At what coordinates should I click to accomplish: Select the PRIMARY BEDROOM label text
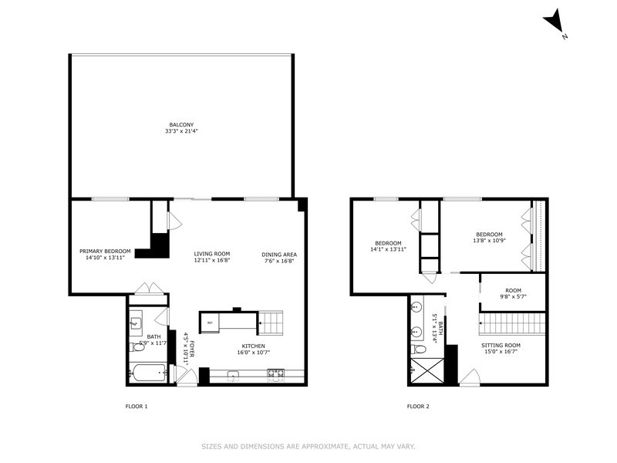(106, 251)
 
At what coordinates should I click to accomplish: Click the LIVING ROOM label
(212, 254)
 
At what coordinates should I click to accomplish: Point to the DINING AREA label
(279, 254)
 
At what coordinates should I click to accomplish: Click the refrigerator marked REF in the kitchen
(210, 322)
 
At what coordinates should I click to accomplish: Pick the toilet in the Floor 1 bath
(140, 348)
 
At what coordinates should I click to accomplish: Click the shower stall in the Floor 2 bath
(426, 374)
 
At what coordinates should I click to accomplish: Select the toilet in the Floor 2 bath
(420, 350)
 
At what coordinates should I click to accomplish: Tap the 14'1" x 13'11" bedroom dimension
(388, 249)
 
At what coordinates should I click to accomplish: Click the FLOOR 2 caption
(418, 406)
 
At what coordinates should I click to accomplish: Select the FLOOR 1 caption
(136, 406)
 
